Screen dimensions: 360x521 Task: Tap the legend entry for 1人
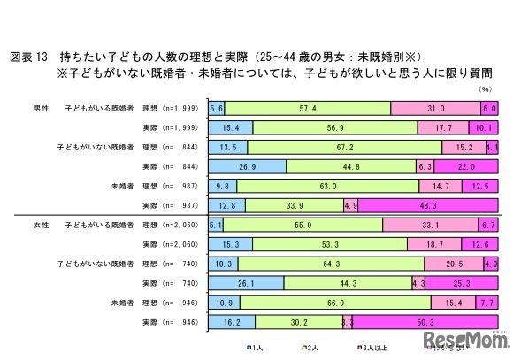(x=251, y=349)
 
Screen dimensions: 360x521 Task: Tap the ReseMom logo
(x=465, y=341)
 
